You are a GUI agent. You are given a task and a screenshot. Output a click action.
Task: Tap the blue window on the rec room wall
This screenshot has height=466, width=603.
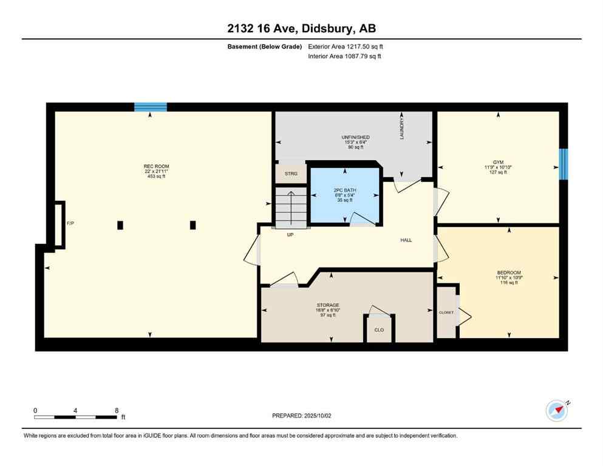coord(151,107)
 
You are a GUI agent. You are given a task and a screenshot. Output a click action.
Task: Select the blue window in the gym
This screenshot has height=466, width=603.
coord(563,164)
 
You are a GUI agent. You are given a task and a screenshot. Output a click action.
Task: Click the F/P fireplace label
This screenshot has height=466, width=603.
coord(70,223)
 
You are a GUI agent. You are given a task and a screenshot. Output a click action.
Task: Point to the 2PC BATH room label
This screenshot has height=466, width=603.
coord(345,190)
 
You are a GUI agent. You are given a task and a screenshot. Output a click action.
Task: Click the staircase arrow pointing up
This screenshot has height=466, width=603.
coord(290,206)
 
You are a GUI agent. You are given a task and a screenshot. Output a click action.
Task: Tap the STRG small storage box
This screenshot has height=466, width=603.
coord(291,174)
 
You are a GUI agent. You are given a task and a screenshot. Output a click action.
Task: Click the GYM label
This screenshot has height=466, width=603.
coord(499,162)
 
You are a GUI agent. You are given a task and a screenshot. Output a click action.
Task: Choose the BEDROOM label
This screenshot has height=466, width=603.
coord(508,272)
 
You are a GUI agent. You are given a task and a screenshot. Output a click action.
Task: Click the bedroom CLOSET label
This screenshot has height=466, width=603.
coord(446,312)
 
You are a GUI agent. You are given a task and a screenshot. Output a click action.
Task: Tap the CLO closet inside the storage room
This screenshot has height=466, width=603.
coord(379,330)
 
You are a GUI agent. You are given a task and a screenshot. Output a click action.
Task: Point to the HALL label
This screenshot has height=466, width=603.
coord(406,240)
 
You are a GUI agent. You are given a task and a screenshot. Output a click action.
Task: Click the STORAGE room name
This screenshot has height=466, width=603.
coord(327,305)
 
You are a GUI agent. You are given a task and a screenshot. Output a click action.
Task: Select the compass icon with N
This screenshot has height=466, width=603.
coord(556,411)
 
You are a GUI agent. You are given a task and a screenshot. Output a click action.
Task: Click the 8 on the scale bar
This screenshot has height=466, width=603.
coord(117,410)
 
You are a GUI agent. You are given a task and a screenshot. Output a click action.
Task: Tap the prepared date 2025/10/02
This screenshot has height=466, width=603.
coord(301,416)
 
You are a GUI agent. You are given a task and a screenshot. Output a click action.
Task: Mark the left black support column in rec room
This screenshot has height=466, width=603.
coord(120,225)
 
